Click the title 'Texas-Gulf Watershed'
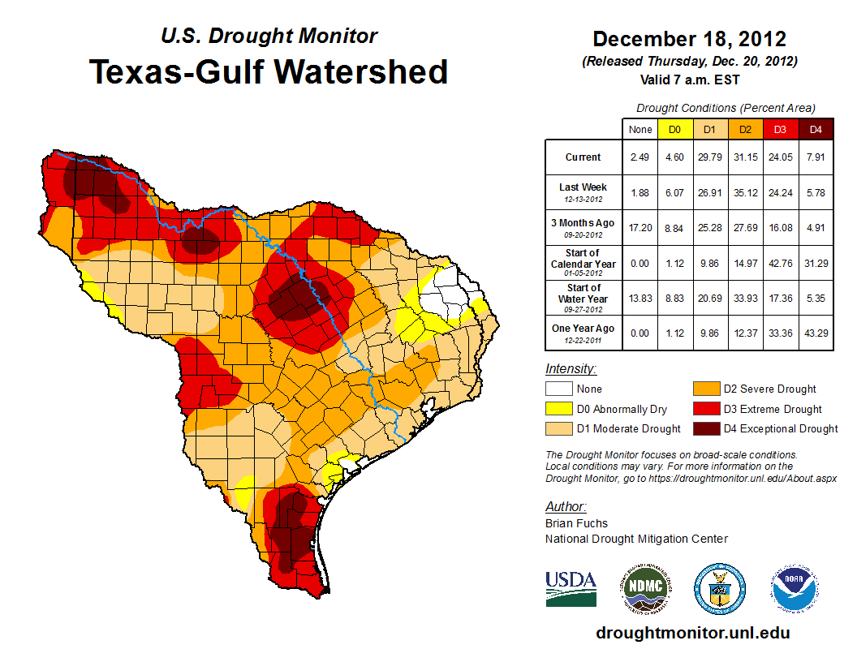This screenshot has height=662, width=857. pos(269,71)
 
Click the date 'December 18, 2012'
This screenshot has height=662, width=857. pos(689,39)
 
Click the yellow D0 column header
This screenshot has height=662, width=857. pos(674,129)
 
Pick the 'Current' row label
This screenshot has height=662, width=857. pos(584,157)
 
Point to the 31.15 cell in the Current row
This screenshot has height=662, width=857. pos(744,157)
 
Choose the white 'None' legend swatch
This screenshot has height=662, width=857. pos(558,389)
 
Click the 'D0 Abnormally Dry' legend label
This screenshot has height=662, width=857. pos(622,410)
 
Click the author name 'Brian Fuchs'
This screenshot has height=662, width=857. pos(576,523)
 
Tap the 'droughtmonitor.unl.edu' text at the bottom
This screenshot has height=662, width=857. pos(692,633)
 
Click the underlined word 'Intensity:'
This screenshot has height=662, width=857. pos(571,369)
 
